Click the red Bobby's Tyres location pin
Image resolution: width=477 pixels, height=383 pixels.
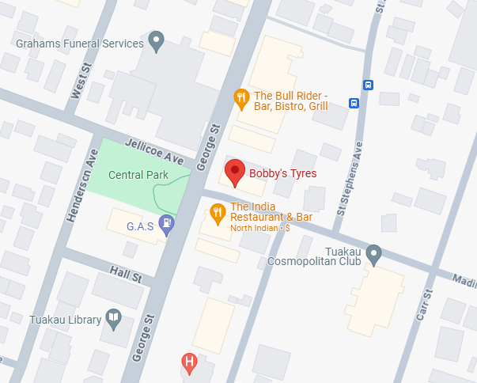235,172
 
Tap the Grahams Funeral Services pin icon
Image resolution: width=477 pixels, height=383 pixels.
157,41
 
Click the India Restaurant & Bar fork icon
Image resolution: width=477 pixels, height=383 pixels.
218,212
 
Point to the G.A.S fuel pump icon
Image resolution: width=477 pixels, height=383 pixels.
167,225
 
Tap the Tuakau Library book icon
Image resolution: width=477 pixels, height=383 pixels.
114,320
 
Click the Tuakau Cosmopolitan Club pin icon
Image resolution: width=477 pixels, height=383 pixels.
374,253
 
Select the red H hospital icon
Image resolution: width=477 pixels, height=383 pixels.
189,363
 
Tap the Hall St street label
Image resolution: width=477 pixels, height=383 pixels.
125,275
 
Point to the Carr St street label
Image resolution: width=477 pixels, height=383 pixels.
425,305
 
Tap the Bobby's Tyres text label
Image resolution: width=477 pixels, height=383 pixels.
282,173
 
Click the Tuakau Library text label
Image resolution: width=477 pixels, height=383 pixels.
66,320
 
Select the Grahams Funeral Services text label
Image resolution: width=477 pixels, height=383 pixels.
79,44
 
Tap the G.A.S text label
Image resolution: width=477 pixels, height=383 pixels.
139,226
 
